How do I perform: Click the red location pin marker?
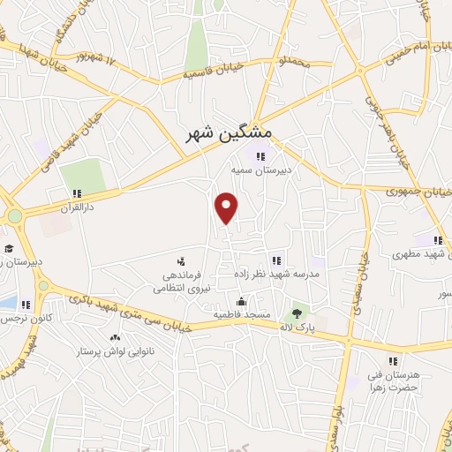[227, 207]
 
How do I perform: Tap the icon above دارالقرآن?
[77, 192]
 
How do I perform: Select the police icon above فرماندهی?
[180, 262]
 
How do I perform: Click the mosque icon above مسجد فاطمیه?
[240, 301]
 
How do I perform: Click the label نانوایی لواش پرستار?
[115, 351]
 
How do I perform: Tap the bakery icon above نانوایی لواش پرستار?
[115, 338]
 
